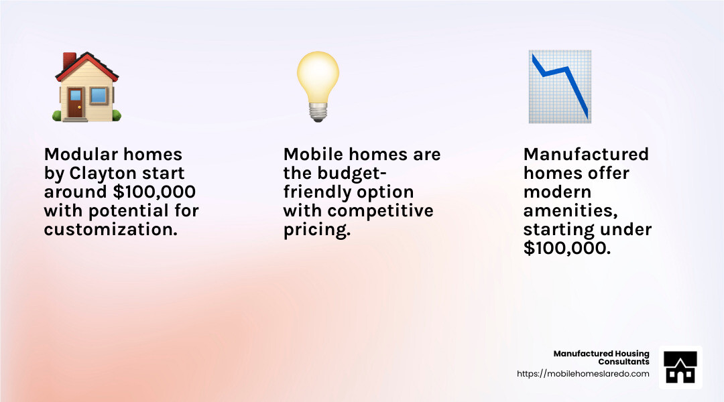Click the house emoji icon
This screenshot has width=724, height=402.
pos(87,87)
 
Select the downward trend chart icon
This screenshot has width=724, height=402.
pos(559,87)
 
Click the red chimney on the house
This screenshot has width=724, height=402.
pos(69,62)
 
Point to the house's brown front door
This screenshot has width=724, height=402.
pos(75,103)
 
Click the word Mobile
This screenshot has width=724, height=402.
pos(312,155)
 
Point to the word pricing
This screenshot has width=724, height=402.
pos(317,230)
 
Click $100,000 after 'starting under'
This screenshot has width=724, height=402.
pos(566,249)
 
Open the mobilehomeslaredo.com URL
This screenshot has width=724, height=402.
pos(583,374)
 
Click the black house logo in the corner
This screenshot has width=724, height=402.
pos(680,368)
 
